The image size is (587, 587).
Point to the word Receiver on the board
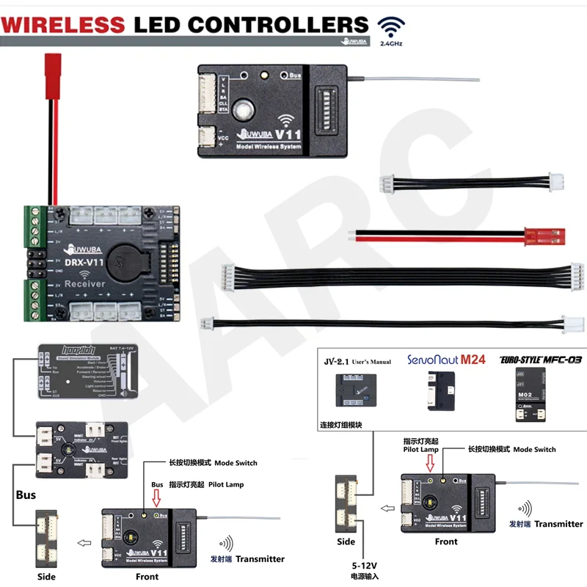pyautogui.click(x=84, y=284)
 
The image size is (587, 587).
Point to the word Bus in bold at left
pyautogui.click(x=26, y=495)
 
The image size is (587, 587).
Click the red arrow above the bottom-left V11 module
pyautogui.click(x=155, y=499)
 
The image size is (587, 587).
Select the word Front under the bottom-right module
pyautogui.click(x=445, y=542)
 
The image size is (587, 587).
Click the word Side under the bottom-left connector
pyautogui.click(x=46, y=577)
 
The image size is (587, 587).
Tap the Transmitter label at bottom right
pyautogui.click(x=558, y=524)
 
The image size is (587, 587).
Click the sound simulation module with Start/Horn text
pyautogui.click(x=84, y=371)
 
